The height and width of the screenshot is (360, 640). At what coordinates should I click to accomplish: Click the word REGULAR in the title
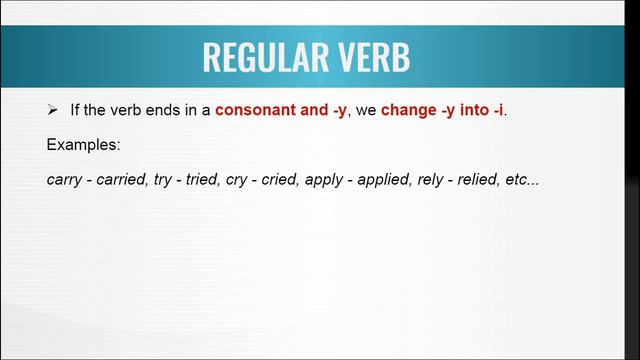pos(264,57)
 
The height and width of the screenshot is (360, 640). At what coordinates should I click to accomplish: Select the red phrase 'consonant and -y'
pos(281,109)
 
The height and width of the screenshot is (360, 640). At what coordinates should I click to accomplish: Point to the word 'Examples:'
pos(84,145)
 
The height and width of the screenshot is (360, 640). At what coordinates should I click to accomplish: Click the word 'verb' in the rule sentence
pos(134,109)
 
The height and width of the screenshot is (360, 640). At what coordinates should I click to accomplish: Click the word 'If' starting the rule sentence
pos(75,109)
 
